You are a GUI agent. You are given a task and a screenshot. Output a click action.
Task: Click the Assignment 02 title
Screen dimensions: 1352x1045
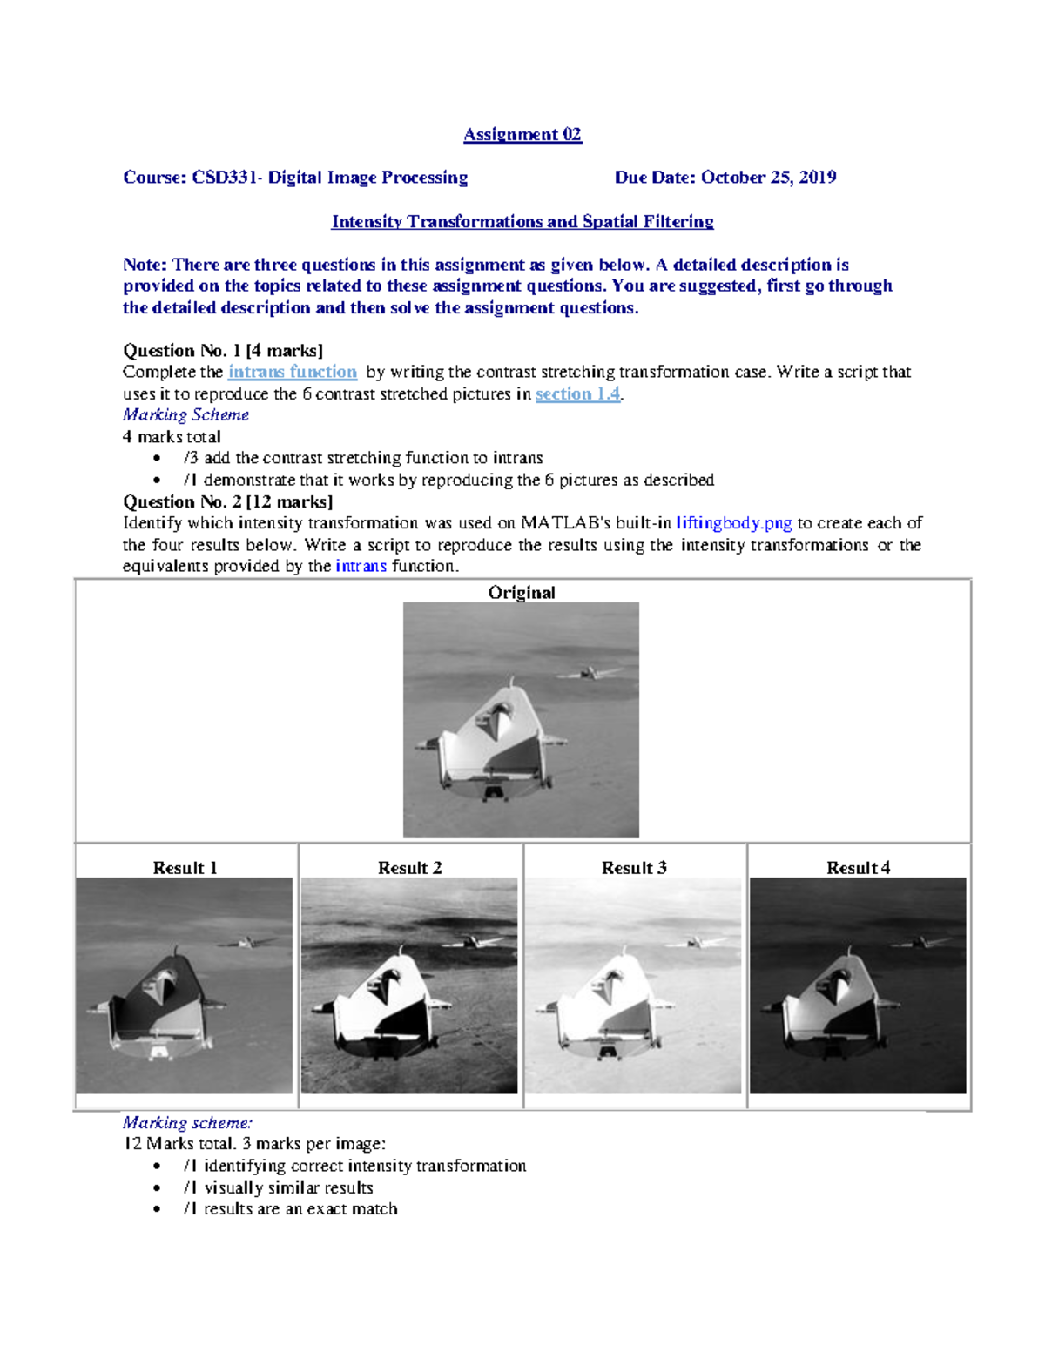click(522, 134)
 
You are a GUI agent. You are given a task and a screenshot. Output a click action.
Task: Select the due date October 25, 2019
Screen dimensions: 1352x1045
click(768, 178)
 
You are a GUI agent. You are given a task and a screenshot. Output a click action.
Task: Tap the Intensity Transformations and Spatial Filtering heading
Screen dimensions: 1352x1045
click(522, 221)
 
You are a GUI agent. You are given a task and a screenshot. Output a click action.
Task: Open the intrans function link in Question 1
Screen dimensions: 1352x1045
click(292, 372)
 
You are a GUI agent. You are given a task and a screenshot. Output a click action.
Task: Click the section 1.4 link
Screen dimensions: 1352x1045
click(577, 393)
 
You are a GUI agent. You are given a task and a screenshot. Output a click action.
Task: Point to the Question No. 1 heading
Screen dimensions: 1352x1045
click(222, 351)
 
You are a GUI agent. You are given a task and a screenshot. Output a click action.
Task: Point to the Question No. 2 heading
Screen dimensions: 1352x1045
click(227, 501)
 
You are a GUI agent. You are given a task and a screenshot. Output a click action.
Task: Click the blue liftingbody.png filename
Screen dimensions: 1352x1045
click(733, 523)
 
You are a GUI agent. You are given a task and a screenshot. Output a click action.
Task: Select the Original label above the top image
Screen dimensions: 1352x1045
click(521, 592)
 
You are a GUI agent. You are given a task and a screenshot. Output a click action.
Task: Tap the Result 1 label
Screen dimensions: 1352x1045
click(185, 867)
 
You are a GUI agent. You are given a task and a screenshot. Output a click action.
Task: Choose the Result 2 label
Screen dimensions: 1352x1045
click(409, 867)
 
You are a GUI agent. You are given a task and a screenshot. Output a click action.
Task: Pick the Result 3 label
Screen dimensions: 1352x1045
click(634, 867)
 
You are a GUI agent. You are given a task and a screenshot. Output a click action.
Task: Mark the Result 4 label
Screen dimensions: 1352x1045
click(858, 867)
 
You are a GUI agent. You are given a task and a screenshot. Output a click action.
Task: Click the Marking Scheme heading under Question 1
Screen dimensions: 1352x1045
click(185, 414)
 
